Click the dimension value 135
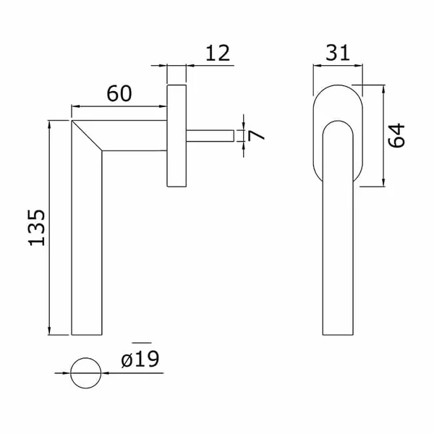(x=37, y=228)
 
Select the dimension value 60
(x=119, y=93)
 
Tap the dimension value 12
(x=218, y=53)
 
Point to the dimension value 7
(x=256, y=135)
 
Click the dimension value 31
(x=338, y=53)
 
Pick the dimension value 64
(x=396, y=136)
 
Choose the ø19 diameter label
(x=140, y=359)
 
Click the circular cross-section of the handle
(x=86, y=373)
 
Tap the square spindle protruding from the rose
(x=210, y=136)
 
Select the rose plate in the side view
(x=176, y=136)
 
